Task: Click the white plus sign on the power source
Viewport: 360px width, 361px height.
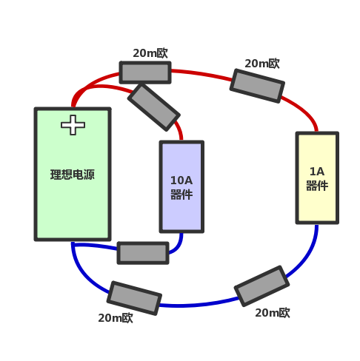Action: coord(73,125)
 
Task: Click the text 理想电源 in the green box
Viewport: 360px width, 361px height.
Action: coord(73,175)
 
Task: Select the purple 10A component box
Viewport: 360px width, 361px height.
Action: coord(181,186)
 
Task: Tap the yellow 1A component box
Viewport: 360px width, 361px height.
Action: coord(317,178)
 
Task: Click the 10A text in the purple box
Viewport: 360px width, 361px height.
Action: coord(181,180)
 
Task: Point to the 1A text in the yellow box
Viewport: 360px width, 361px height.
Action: coord(317,172)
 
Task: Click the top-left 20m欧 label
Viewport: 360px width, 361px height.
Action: coord(150,53)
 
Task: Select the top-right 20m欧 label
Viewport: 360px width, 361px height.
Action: coord(262,64)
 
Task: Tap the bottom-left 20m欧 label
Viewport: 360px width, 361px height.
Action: coord(116,318)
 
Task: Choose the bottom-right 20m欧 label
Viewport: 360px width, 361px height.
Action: coord(273,313)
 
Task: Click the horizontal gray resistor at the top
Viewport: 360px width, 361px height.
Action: coord(145,72)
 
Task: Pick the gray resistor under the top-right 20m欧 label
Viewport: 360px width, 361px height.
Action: coord(257,86)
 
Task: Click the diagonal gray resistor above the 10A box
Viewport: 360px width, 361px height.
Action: coord(154,107)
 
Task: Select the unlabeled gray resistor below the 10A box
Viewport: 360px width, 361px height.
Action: coord(143,253)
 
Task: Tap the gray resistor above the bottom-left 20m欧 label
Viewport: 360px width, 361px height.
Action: coord(134,298)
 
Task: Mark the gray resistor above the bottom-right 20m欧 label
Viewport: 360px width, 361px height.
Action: coord(261,286)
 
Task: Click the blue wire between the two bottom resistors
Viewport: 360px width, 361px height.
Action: coord(199,305)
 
